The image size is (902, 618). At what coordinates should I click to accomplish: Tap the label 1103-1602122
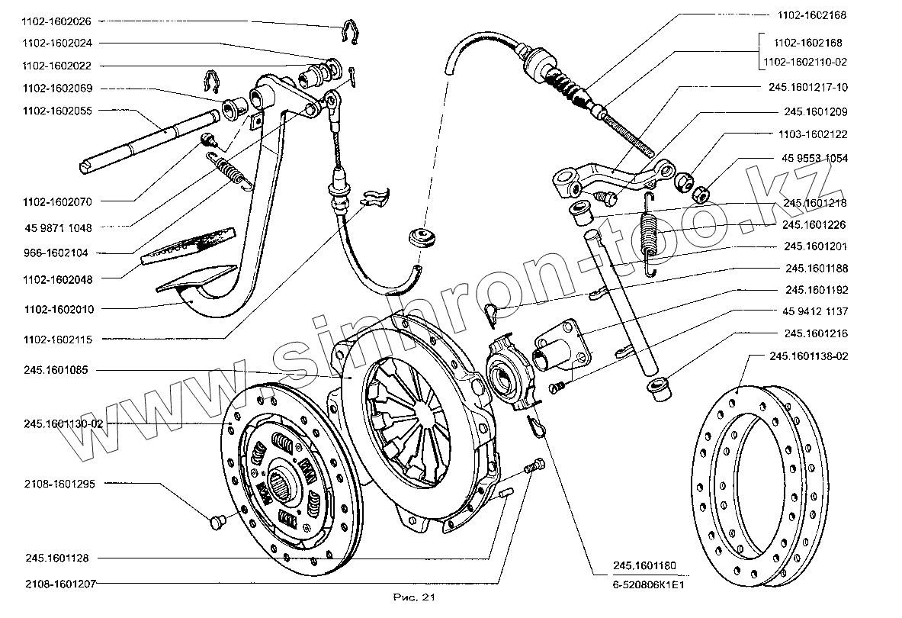(x=814, y=134)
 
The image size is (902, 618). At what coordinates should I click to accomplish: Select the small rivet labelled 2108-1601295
(x=215, y=523)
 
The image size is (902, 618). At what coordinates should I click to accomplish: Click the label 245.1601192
(x=814, y=290)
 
